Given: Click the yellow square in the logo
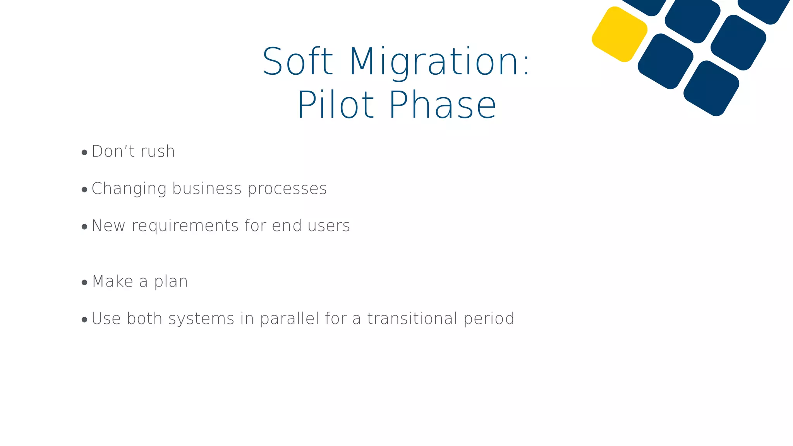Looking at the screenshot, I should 620,34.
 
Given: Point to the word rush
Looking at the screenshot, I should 158,152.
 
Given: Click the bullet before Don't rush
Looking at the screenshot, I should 84,153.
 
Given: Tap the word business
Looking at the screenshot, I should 207,189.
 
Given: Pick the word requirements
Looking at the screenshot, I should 185,226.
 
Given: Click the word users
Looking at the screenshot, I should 329,226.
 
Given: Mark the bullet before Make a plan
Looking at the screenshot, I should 84,283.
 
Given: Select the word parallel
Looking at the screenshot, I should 290,319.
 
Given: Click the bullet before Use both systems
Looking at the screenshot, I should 84,320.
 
